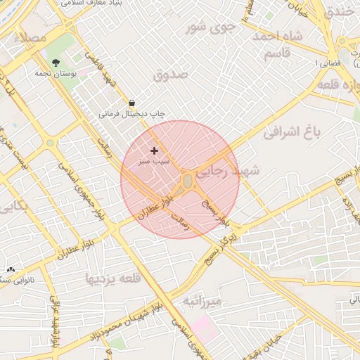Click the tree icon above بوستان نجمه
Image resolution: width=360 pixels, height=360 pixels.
[x=56, y=63]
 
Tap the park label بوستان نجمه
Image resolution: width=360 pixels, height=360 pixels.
[x=56, y=72]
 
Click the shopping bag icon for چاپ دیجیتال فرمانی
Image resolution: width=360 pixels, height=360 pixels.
[x=132, y=103]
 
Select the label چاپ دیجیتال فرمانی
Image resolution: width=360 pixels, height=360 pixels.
[x=131, y=112]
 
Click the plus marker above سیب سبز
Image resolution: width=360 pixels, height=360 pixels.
[x=154, y=150]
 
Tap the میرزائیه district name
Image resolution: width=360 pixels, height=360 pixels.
[x=202, y=301]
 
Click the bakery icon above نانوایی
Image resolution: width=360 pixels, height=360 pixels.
[x=11, y=270]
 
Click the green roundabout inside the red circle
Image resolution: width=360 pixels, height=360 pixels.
[x=188, y=182]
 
